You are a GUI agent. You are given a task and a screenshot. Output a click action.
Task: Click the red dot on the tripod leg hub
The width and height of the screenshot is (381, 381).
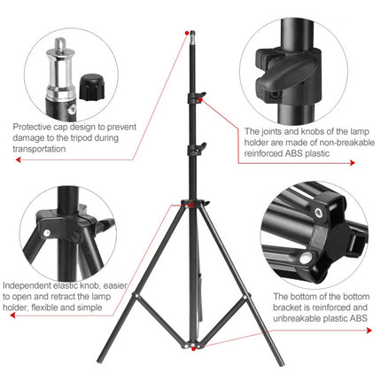coord(188,206)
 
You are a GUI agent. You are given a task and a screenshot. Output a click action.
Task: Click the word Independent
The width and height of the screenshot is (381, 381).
coord(27,286)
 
